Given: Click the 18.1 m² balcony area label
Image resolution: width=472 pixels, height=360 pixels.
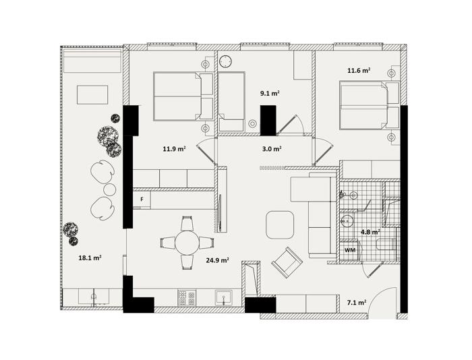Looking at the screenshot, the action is point(90,258).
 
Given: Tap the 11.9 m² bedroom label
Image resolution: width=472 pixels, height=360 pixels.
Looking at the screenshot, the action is point(174,149).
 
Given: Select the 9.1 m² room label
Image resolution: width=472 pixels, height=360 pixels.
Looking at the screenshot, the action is point(270,94).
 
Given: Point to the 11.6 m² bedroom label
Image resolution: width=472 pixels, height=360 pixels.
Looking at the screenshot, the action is point(359,71).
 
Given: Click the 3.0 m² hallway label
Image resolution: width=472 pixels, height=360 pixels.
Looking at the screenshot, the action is point(272,149).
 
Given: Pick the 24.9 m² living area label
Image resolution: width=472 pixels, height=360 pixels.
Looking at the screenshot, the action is point(217,260).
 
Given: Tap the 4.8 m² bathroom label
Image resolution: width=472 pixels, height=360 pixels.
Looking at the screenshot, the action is point(370,232).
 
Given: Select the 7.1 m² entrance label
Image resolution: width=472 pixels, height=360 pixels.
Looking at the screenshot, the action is point(357,303).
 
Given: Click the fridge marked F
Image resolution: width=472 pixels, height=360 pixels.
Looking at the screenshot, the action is point(142,199).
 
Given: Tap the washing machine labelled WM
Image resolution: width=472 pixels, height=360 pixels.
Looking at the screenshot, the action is point(350,250).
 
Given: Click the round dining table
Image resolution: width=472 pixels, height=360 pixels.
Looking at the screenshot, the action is point(187,242).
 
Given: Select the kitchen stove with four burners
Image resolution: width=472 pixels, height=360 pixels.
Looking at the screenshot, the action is point(187,298).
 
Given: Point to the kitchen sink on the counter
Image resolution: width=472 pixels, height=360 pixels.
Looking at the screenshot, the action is point(224,297).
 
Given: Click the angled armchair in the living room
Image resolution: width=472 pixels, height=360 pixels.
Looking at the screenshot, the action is point(287,262).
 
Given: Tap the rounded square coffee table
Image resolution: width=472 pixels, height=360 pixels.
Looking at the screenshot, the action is point(280,225).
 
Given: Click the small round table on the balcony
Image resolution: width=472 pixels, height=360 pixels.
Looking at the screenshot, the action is point(109,189).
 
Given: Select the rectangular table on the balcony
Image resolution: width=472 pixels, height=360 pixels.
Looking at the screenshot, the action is point(92,95).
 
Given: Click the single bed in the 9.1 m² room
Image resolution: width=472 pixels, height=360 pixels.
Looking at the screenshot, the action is point(231,102).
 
